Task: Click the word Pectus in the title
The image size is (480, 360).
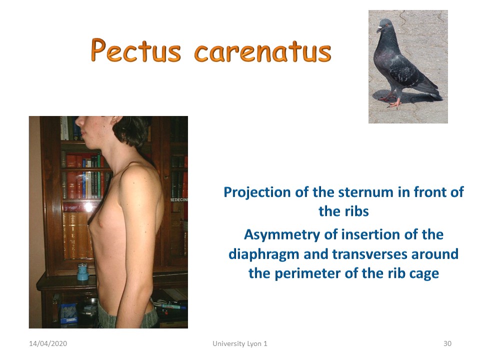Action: (x=135, y=50)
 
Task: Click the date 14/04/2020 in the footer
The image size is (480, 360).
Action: (x=48, y=343)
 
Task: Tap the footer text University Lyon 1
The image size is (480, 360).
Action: (x=239, y=344)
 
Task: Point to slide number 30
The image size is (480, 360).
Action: (x=447, y=343)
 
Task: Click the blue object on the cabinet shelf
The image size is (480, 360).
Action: (x=82, y=272)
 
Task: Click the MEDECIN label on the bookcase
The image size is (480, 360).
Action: (x=179, y=199)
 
